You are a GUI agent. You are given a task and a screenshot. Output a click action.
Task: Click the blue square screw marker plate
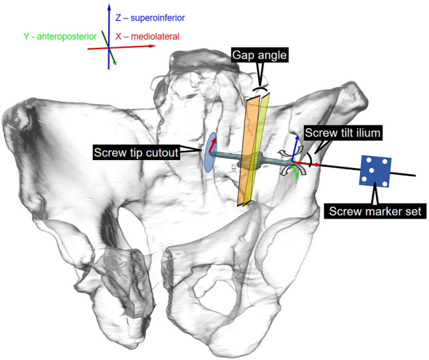click(376, 171)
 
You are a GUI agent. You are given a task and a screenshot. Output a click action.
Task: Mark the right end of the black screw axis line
click(416, 175)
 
